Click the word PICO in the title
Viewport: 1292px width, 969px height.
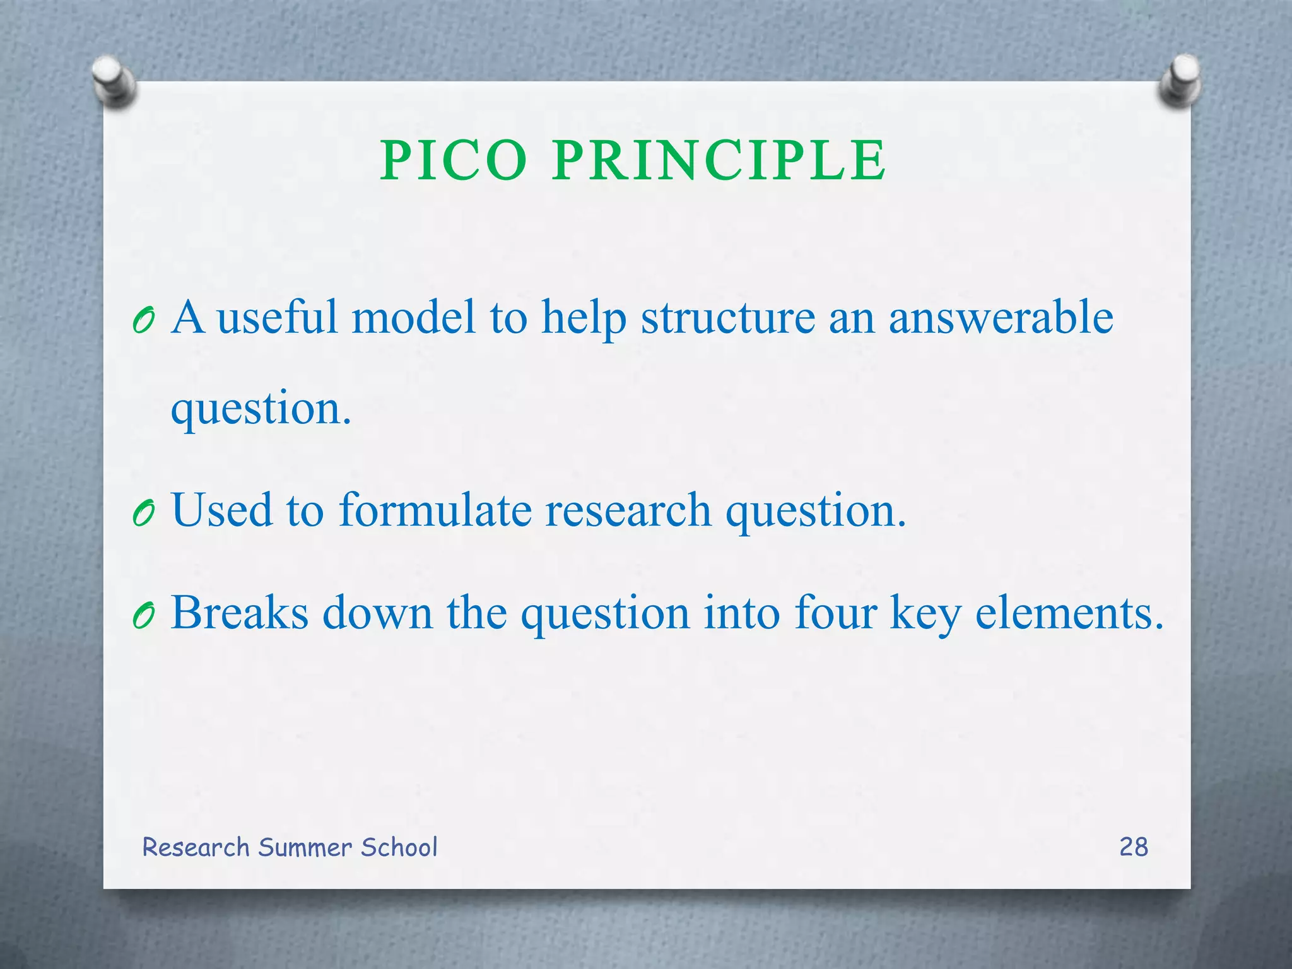coord(453,161)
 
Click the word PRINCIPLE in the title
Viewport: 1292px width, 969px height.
coord(719,161)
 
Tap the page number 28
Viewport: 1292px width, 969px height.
coord(1134,847)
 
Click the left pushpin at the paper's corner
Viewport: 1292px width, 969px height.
coord(113,81)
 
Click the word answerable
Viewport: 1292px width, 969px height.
coord(1001,317)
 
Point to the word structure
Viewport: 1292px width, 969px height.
coord(728,317)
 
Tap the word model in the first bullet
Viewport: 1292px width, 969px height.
coord(413,317)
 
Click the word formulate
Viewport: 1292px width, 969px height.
coord(435,510)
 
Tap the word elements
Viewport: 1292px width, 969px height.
coord(1069,613)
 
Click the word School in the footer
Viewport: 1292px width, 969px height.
coord(399,847)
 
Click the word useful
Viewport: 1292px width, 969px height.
coord(277,317)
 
